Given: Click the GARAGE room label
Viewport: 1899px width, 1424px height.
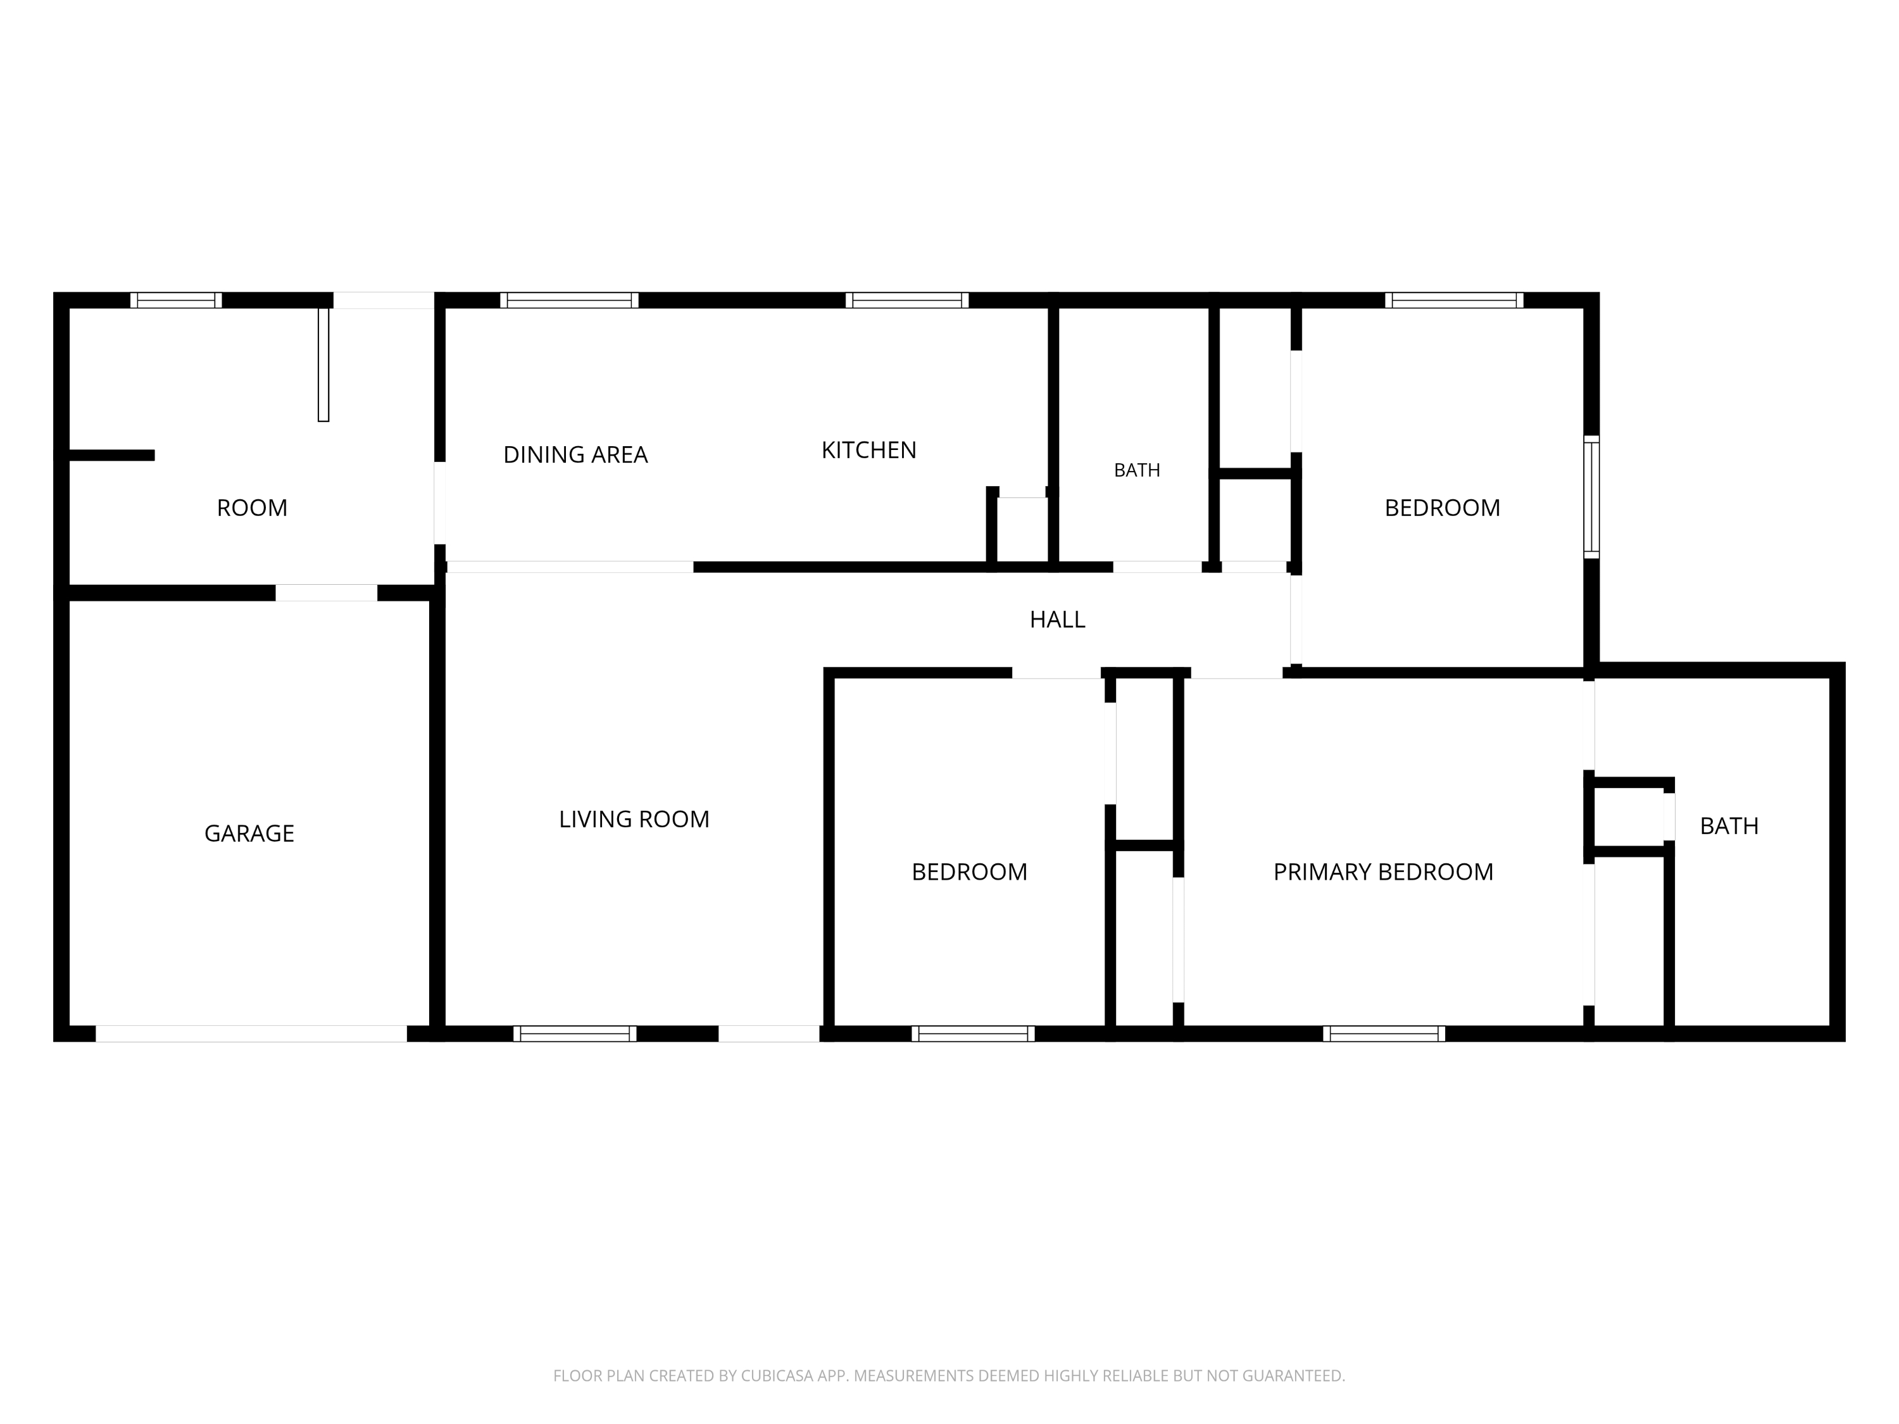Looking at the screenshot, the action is click(249, 834).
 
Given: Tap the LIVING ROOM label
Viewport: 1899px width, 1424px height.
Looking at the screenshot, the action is click(634, 820).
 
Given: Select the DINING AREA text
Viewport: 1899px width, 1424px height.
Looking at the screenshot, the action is click(575, 455).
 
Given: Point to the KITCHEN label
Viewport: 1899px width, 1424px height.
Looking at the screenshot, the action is click(869, 451).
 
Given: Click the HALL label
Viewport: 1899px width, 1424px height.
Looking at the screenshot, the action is click(1058, 620).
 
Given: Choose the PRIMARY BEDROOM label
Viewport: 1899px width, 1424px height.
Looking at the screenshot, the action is click(1383, 872).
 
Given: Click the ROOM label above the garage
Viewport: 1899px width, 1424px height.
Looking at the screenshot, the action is click(251, 508).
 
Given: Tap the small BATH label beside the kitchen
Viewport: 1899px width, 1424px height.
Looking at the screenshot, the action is click(1137, 470).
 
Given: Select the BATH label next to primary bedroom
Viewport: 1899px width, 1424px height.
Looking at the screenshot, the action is click(1729, 826).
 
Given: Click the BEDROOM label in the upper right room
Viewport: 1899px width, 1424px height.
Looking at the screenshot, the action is click(1442, 508).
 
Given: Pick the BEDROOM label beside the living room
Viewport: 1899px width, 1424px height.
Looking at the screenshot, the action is click(969, 872).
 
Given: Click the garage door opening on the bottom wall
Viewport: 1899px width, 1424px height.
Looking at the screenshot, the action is click(251, 1034).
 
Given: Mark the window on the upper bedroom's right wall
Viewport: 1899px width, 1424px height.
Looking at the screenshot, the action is click(1591, 497).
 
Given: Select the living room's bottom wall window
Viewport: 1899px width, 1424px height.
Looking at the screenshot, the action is click(575, 1034).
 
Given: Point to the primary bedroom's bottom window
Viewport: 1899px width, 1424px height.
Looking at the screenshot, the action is click(1384, 1034).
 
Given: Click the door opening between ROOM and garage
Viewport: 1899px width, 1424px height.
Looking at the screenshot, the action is click(326, 593).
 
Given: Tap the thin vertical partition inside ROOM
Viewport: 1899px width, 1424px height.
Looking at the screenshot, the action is click(323, 365).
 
